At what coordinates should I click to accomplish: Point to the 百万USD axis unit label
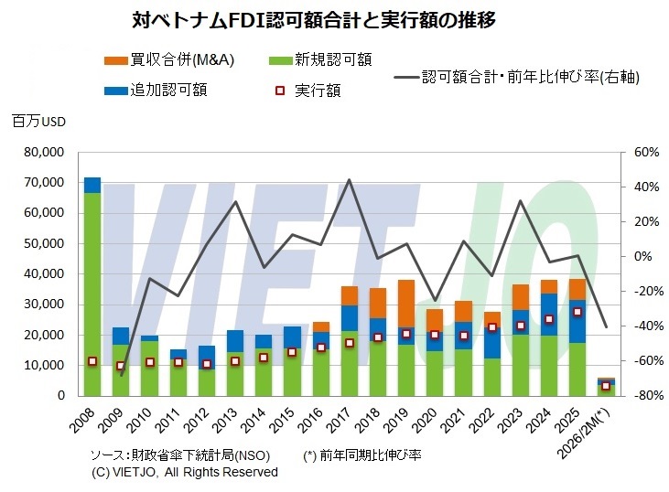(x=39, y=122)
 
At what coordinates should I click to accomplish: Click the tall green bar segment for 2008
(x=92, y=293)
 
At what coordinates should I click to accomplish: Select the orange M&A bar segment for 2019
(x=406, y=303)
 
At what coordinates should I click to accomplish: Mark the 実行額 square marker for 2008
(x=92, y=361)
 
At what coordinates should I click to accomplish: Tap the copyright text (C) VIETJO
(x=184, y=472)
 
